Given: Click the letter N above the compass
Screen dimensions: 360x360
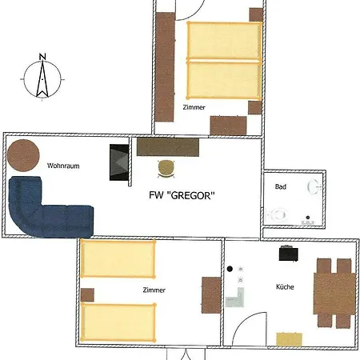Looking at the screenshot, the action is tap(42, 57).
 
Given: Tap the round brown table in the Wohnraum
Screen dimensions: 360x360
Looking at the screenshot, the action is tap(23, 155).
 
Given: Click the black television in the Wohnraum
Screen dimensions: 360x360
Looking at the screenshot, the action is tap(119, 162).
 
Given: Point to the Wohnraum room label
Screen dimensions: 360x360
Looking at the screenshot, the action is tap(63, 166).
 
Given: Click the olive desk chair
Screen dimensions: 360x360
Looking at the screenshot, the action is tap(166, 169).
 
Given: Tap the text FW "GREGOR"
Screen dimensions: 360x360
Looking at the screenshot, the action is tap(182, 195).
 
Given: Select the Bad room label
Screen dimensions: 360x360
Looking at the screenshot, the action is tap(281, 186).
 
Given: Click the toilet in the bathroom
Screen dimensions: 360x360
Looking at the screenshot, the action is tap(278, 214).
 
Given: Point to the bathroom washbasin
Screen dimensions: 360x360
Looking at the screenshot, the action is tap(314, 186).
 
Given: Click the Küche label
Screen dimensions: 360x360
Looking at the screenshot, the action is tap(285, 287).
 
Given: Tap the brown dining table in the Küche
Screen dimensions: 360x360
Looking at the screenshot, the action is tap(334, 294).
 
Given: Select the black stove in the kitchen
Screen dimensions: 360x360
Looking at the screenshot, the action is tap(288, 254).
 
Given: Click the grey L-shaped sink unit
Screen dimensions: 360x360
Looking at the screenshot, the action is tap(236, 298).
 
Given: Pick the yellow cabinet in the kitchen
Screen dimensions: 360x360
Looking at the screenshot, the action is tap(289, 339).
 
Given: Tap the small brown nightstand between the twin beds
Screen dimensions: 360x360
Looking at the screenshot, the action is tap(87, 295).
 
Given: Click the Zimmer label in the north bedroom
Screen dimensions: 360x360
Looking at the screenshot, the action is tap(194, 107).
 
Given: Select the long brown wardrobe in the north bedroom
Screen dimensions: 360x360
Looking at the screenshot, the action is tap(165, 67).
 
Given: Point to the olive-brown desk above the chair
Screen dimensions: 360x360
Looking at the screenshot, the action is tap(168, 147).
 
